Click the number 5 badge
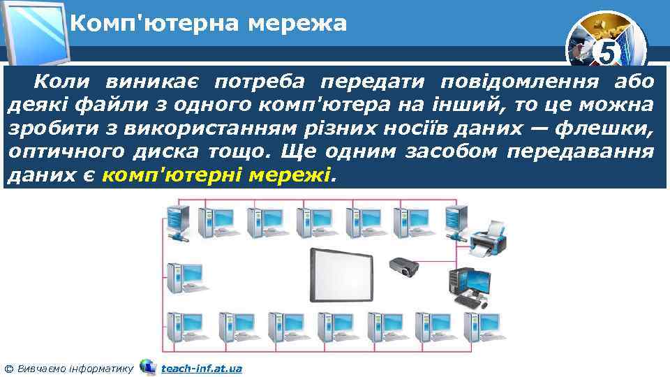point(608,52)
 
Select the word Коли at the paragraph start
point(62,82)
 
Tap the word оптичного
point(57,152)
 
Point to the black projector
point(403,266)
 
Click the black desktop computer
point(468,286)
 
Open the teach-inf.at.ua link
point(201,368)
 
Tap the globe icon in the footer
point(147,367)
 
